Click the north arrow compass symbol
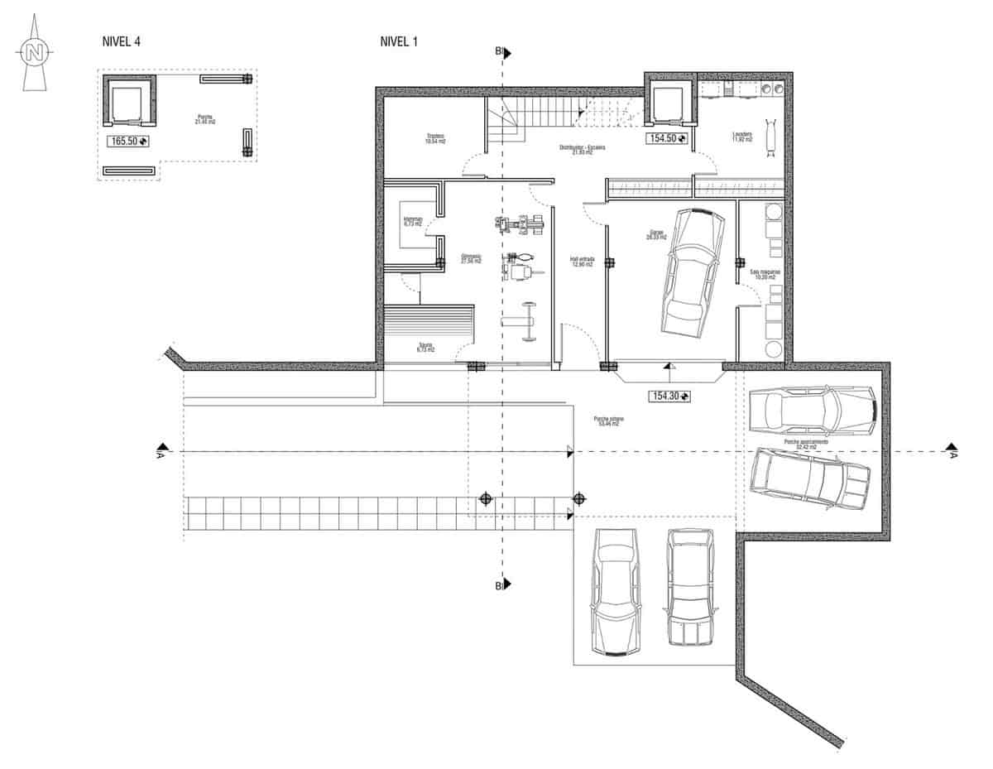pos(34,55)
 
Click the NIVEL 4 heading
pos(123,41)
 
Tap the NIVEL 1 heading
pos(398,41)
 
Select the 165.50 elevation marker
pos(127,142)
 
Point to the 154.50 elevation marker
pos(665,138)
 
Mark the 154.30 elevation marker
pos(671,397)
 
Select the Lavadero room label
pos(741,137)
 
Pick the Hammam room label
pos(412,221)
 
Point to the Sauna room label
pos(425,348)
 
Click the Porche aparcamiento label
pos(812,444)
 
